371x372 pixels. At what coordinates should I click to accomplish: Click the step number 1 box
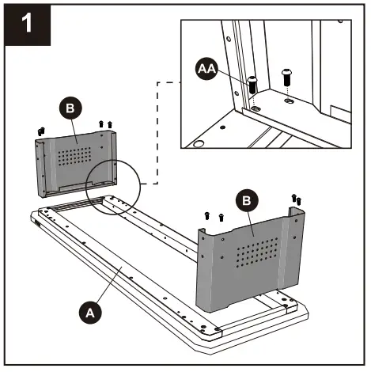pyautogui.click(x=28, y=25)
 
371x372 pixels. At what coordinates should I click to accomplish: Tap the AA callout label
pyautogui.click(x=206, y=69)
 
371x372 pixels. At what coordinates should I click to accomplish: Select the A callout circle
pyautogui.click(x=90, y=313)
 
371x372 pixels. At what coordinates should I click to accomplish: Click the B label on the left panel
pyautogui.click(x=70, y=108)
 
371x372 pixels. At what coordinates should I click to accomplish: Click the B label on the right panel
pyautogui.click(x=247, y=200)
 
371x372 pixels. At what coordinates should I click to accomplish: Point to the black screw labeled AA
pyautogui.click(x=252, y=85)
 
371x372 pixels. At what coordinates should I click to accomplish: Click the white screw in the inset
pyautogui.click(x=286, y=77)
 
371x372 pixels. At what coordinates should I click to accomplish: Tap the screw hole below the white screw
pyautogui.click(x=289, y=101)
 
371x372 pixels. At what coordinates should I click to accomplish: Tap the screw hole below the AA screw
pyautogui.click(x=255, y=108)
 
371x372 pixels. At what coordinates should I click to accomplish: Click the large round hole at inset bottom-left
pyautogui.click(x=199, y=143)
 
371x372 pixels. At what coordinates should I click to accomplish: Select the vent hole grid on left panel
pyautogui.click(x=75, y=156)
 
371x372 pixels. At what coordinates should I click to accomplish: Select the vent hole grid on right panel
pyautogui.click(x=257, y=252)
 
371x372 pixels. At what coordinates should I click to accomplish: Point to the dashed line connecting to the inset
pyautogui.click(x=157, y=132)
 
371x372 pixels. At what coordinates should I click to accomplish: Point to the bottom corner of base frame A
pyautogui.click(x=210, y=355)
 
